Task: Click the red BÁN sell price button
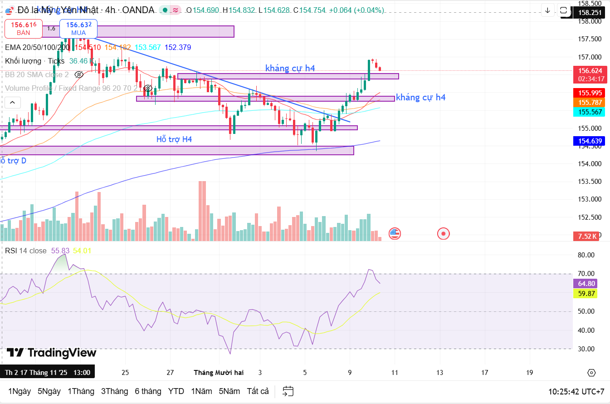24,29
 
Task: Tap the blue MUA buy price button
78,29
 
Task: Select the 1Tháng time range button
81,391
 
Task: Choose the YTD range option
176,391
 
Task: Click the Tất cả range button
258,391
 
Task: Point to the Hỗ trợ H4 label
174,139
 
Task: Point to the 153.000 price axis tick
589,199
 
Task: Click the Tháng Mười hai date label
219,373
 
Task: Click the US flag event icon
395,234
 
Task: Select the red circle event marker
443,234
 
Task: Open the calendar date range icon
288,391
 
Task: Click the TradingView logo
52,353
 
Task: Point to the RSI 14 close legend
26,251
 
